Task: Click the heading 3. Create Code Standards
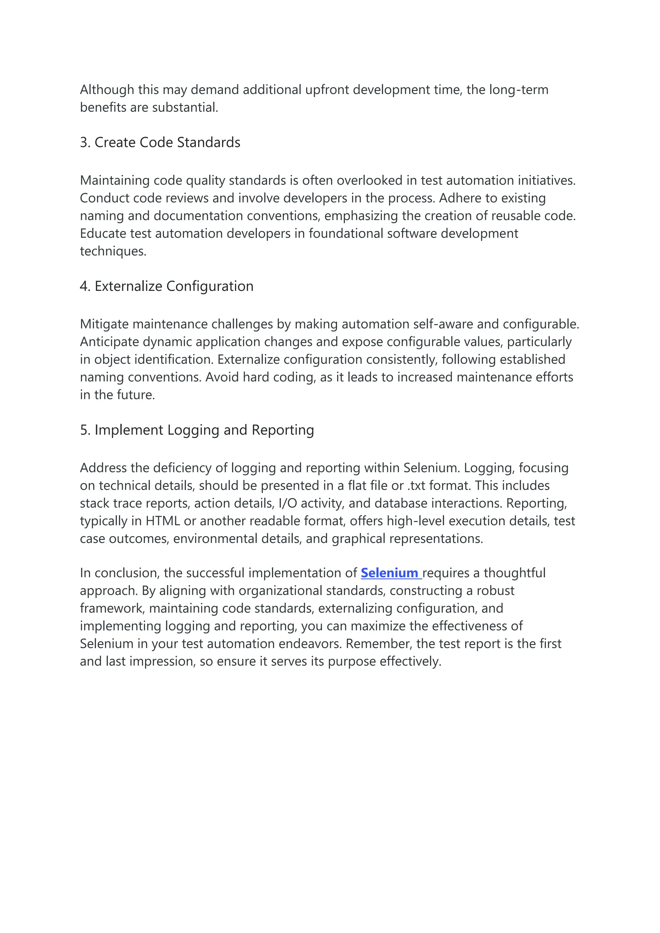(160, 143)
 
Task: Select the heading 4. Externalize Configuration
(167, 286)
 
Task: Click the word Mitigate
(104, 324)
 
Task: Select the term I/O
(287, 504)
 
